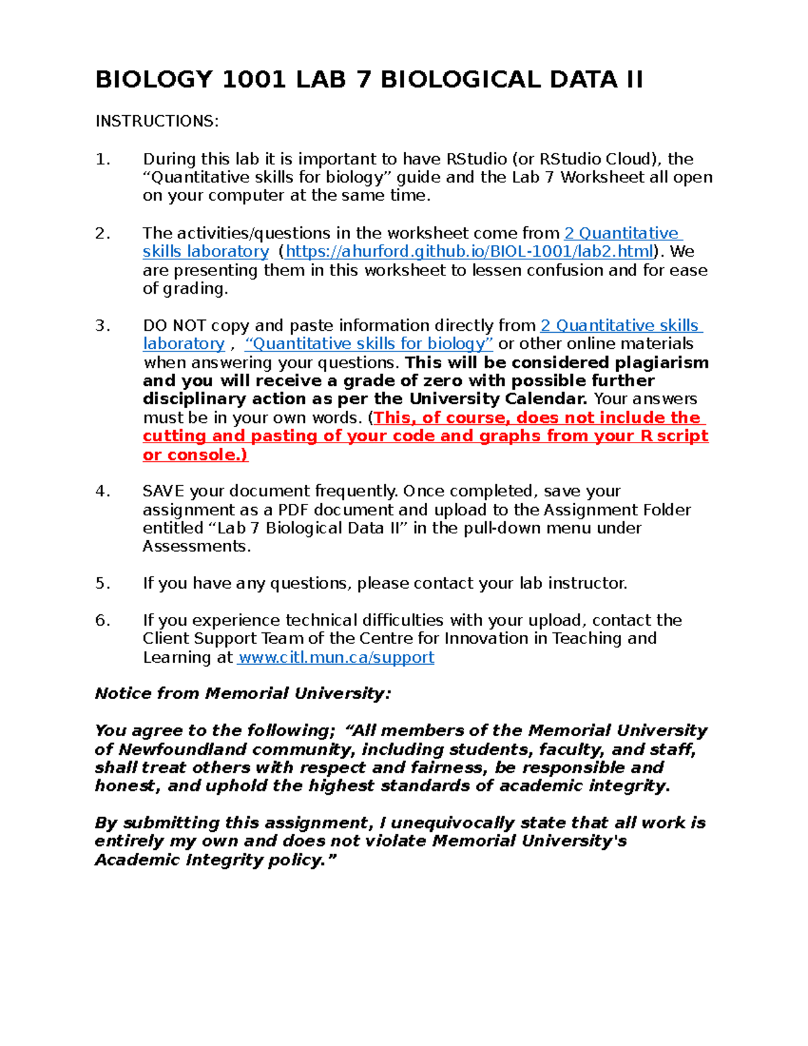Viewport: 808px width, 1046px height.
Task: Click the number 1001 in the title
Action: pos(253,79)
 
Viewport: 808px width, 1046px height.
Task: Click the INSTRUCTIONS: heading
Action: pos(157,121)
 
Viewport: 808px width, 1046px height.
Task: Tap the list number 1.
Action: pos(102,160)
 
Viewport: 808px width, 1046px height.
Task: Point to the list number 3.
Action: pos(102,326)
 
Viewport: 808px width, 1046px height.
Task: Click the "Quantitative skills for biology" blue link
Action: pos(369,344)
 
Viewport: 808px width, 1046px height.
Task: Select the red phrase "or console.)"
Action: pos(195,455)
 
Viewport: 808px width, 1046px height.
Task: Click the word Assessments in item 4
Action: pos(196,547)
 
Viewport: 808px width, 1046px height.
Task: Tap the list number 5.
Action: pos(102,584)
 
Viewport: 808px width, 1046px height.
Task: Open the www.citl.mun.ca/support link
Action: pos(336,658)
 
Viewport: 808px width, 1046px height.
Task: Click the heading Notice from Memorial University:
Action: pos(242,694)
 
